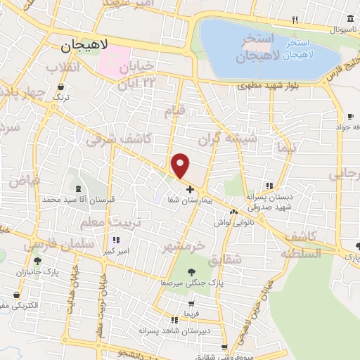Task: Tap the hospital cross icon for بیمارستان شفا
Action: point(191,189)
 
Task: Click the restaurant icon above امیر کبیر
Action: point(116,240)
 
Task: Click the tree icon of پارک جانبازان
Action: point(37,261)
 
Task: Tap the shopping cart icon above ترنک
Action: point(60,88)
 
